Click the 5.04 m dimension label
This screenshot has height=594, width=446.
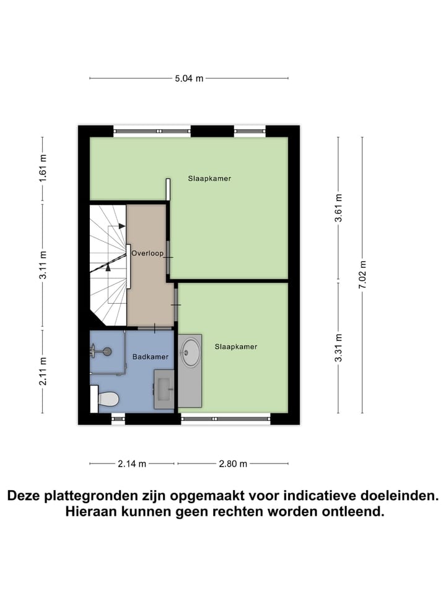[x=189, y=79]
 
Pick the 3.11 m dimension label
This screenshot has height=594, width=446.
[x=43, y=265]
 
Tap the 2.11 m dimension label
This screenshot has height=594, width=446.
[x=43, y=371]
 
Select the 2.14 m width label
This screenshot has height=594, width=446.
[x=133, y=463]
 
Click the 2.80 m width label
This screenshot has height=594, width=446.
[x=233, y=463]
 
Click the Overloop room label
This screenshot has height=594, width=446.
[x=147, y=252]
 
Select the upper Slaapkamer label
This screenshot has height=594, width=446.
[x=209, y=178]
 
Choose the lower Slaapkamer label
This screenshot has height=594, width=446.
[x=235, y=346]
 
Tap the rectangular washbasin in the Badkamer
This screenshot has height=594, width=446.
[x=164, y=389]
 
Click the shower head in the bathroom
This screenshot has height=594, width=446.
[x=107, y=351]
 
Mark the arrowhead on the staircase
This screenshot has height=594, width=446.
[x=108, y=267]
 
